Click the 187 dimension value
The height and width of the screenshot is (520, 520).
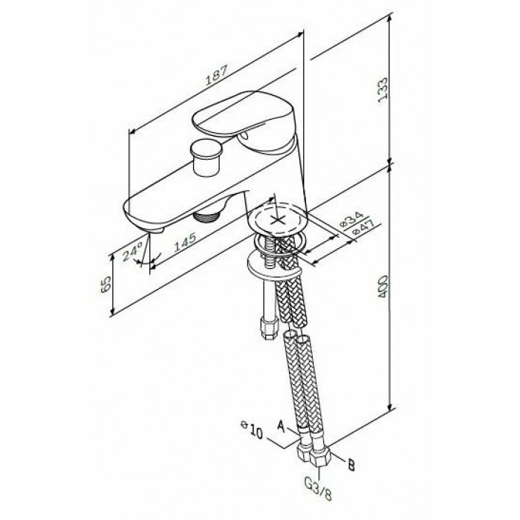[217, 76]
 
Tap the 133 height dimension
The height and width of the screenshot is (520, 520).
[383, 90]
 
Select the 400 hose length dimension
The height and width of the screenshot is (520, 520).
[383, 286]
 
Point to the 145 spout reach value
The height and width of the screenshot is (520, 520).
[185, 241]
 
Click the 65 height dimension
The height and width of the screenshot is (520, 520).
[105, 285]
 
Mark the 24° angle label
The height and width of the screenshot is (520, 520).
[132, 251]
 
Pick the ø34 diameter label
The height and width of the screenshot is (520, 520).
[352, 219]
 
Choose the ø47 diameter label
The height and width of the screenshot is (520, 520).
[363, 227]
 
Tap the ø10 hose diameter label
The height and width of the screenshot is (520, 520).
[252, 429]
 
